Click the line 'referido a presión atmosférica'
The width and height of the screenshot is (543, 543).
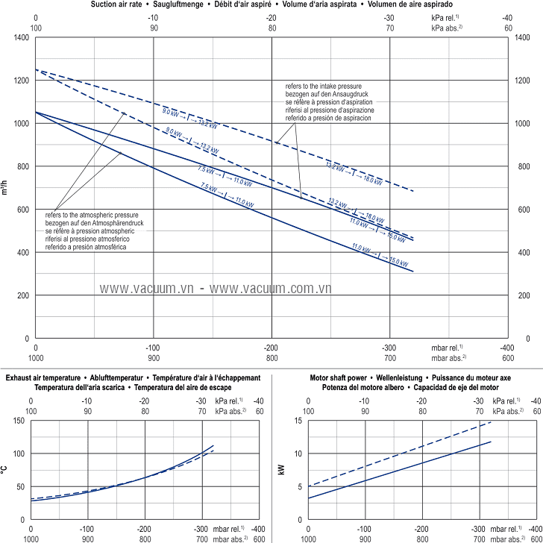(86, 248)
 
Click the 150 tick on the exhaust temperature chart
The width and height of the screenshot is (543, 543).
(19, 421)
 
